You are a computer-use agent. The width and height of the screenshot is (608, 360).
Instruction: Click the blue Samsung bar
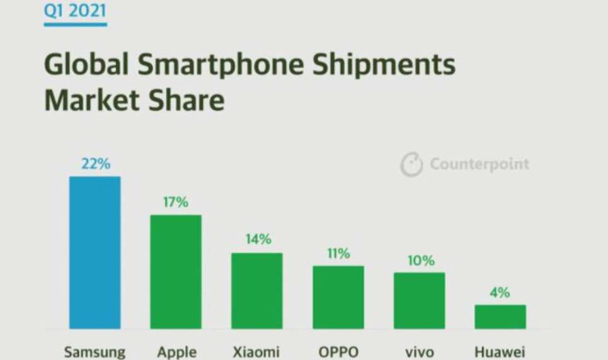pos(95,252)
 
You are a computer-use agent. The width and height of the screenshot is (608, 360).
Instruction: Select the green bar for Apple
pos(176,272)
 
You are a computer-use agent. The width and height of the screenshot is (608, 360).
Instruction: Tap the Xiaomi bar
pos(256,291)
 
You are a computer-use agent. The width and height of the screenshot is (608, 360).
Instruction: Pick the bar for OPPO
pos(338,297)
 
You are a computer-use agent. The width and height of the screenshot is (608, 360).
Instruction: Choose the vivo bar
pos(419,300)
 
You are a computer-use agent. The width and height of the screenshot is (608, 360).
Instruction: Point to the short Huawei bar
pos(500,316)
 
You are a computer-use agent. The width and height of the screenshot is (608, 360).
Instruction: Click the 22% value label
pos(95,164)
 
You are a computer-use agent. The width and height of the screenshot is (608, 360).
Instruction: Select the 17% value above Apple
pos(176,202)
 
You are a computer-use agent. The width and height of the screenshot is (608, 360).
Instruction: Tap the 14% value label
pos(257,240)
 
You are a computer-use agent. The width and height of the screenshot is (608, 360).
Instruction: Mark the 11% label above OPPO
pos(338,253)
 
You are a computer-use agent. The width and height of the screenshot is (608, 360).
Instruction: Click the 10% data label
pos(420,260)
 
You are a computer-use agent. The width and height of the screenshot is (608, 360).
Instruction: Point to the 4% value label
pos(500,293)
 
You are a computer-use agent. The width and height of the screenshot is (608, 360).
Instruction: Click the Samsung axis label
pos(95,352)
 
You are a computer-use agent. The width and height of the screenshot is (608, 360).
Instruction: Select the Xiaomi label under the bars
pos(256,352)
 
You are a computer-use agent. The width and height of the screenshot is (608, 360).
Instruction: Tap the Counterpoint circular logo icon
pos(411,165)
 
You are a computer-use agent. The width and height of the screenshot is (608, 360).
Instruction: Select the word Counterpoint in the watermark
pos(479,165)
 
